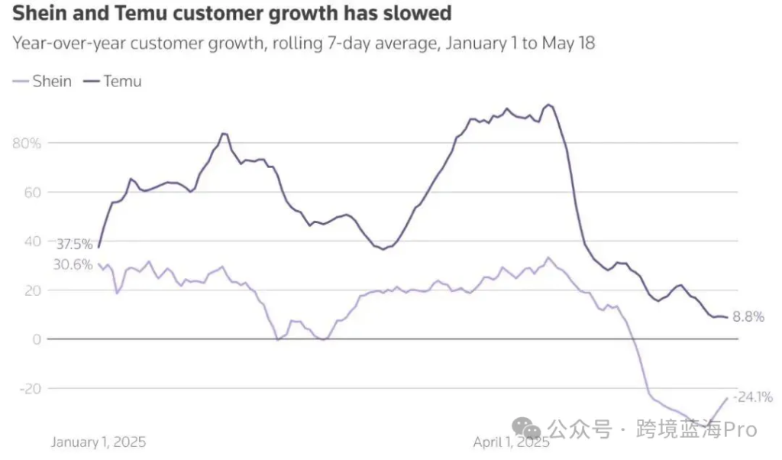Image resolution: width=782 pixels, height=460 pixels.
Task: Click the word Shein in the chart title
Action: click(37, 13)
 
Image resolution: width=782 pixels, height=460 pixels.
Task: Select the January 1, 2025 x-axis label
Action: click(99, 442)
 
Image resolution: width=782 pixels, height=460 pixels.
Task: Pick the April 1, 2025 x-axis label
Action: click(511, 442)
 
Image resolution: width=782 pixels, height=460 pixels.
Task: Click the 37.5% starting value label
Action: click(74, 245)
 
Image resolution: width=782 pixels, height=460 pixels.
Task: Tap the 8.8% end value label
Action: click(748, 317)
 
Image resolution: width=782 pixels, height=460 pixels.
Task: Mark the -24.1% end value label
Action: click(753, 397)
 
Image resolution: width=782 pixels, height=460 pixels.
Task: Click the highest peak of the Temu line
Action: click(548, 105)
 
